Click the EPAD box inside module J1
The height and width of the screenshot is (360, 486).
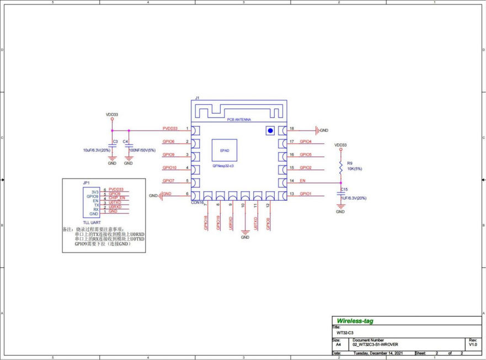(225, 150)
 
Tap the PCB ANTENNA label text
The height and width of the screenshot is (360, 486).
(239, 119)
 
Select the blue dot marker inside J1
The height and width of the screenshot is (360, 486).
(270, 131)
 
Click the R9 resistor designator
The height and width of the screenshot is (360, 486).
(350, 163)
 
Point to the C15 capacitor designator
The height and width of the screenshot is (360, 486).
(344, 189)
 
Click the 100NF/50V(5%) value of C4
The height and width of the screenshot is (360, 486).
(142, 150)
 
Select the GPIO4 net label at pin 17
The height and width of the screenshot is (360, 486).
(306, 142)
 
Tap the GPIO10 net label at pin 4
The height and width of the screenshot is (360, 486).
(169, 168)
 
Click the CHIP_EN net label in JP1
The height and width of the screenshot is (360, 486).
(117, 198)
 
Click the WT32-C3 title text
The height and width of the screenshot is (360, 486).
(345, 333)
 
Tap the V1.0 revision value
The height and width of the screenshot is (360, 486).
(473, 344)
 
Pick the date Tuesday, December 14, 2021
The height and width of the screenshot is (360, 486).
(379, 353)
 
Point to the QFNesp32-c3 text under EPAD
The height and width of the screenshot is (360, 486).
(223, 165)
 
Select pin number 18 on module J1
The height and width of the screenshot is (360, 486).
(291, 128)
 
